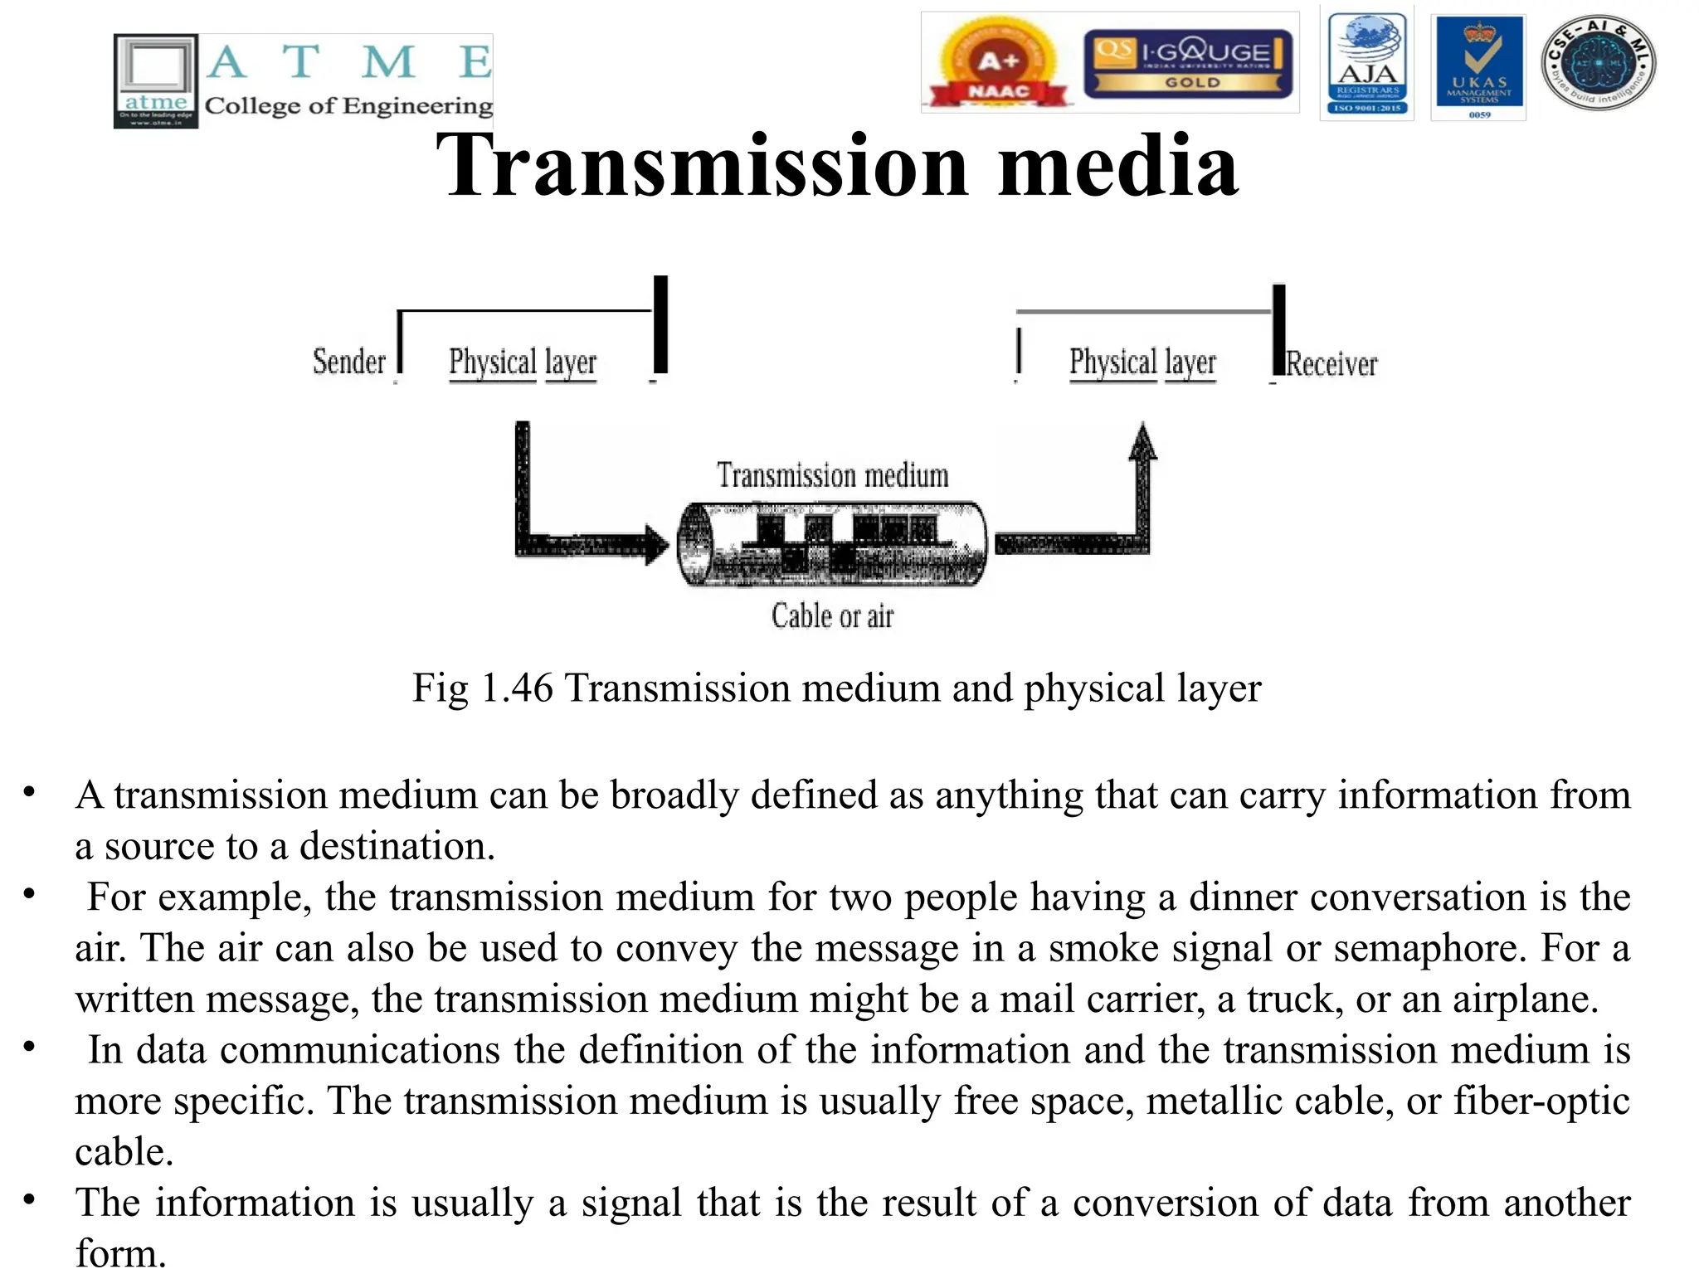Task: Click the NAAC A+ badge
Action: coord(998,64)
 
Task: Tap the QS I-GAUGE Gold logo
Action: coord(1188,64)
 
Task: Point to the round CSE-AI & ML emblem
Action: coord(1598,64)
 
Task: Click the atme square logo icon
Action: coord(156,80)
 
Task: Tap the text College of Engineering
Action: coord(348,106)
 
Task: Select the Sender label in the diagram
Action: coord(349,362)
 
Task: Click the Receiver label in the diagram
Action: coord(1331,364)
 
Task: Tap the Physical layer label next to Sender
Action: coord(523,363)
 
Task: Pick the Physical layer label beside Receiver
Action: coord(1142,363)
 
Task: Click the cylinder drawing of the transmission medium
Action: coord(832,544)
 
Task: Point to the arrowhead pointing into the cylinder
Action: coord(657,545)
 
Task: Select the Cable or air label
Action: coord(832,616)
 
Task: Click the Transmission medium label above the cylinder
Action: coord(832,476)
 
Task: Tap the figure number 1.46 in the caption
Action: coord(516,688)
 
